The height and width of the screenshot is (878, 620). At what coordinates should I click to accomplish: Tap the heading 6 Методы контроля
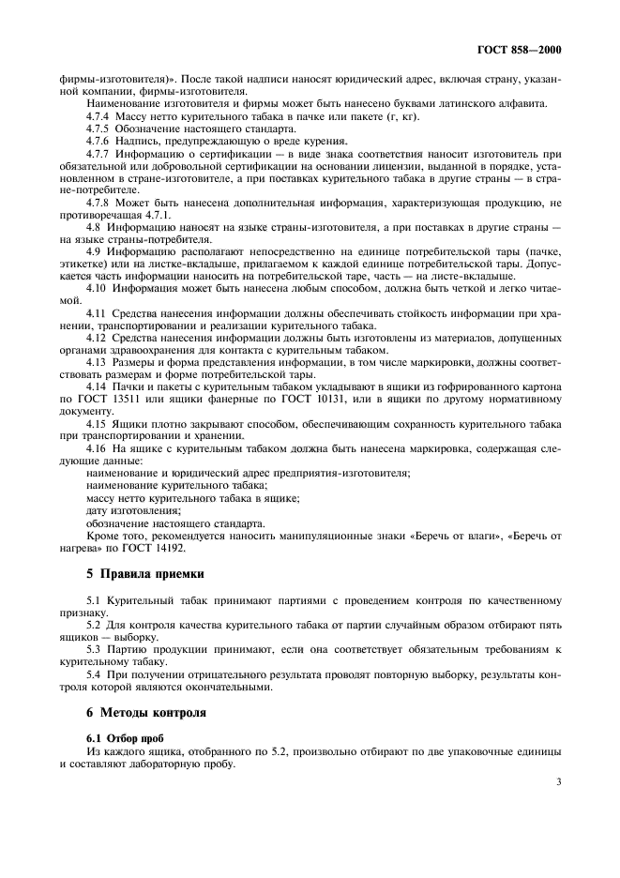[142, 712]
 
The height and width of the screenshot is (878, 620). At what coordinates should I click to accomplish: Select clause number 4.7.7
[98, 152]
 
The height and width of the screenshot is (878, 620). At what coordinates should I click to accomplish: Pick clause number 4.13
[96, 361]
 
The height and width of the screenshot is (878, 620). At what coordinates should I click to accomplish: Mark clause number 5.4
[93, 673]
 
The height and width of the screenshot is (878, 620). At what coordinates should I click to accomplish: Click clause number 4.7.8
[98, 201]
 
